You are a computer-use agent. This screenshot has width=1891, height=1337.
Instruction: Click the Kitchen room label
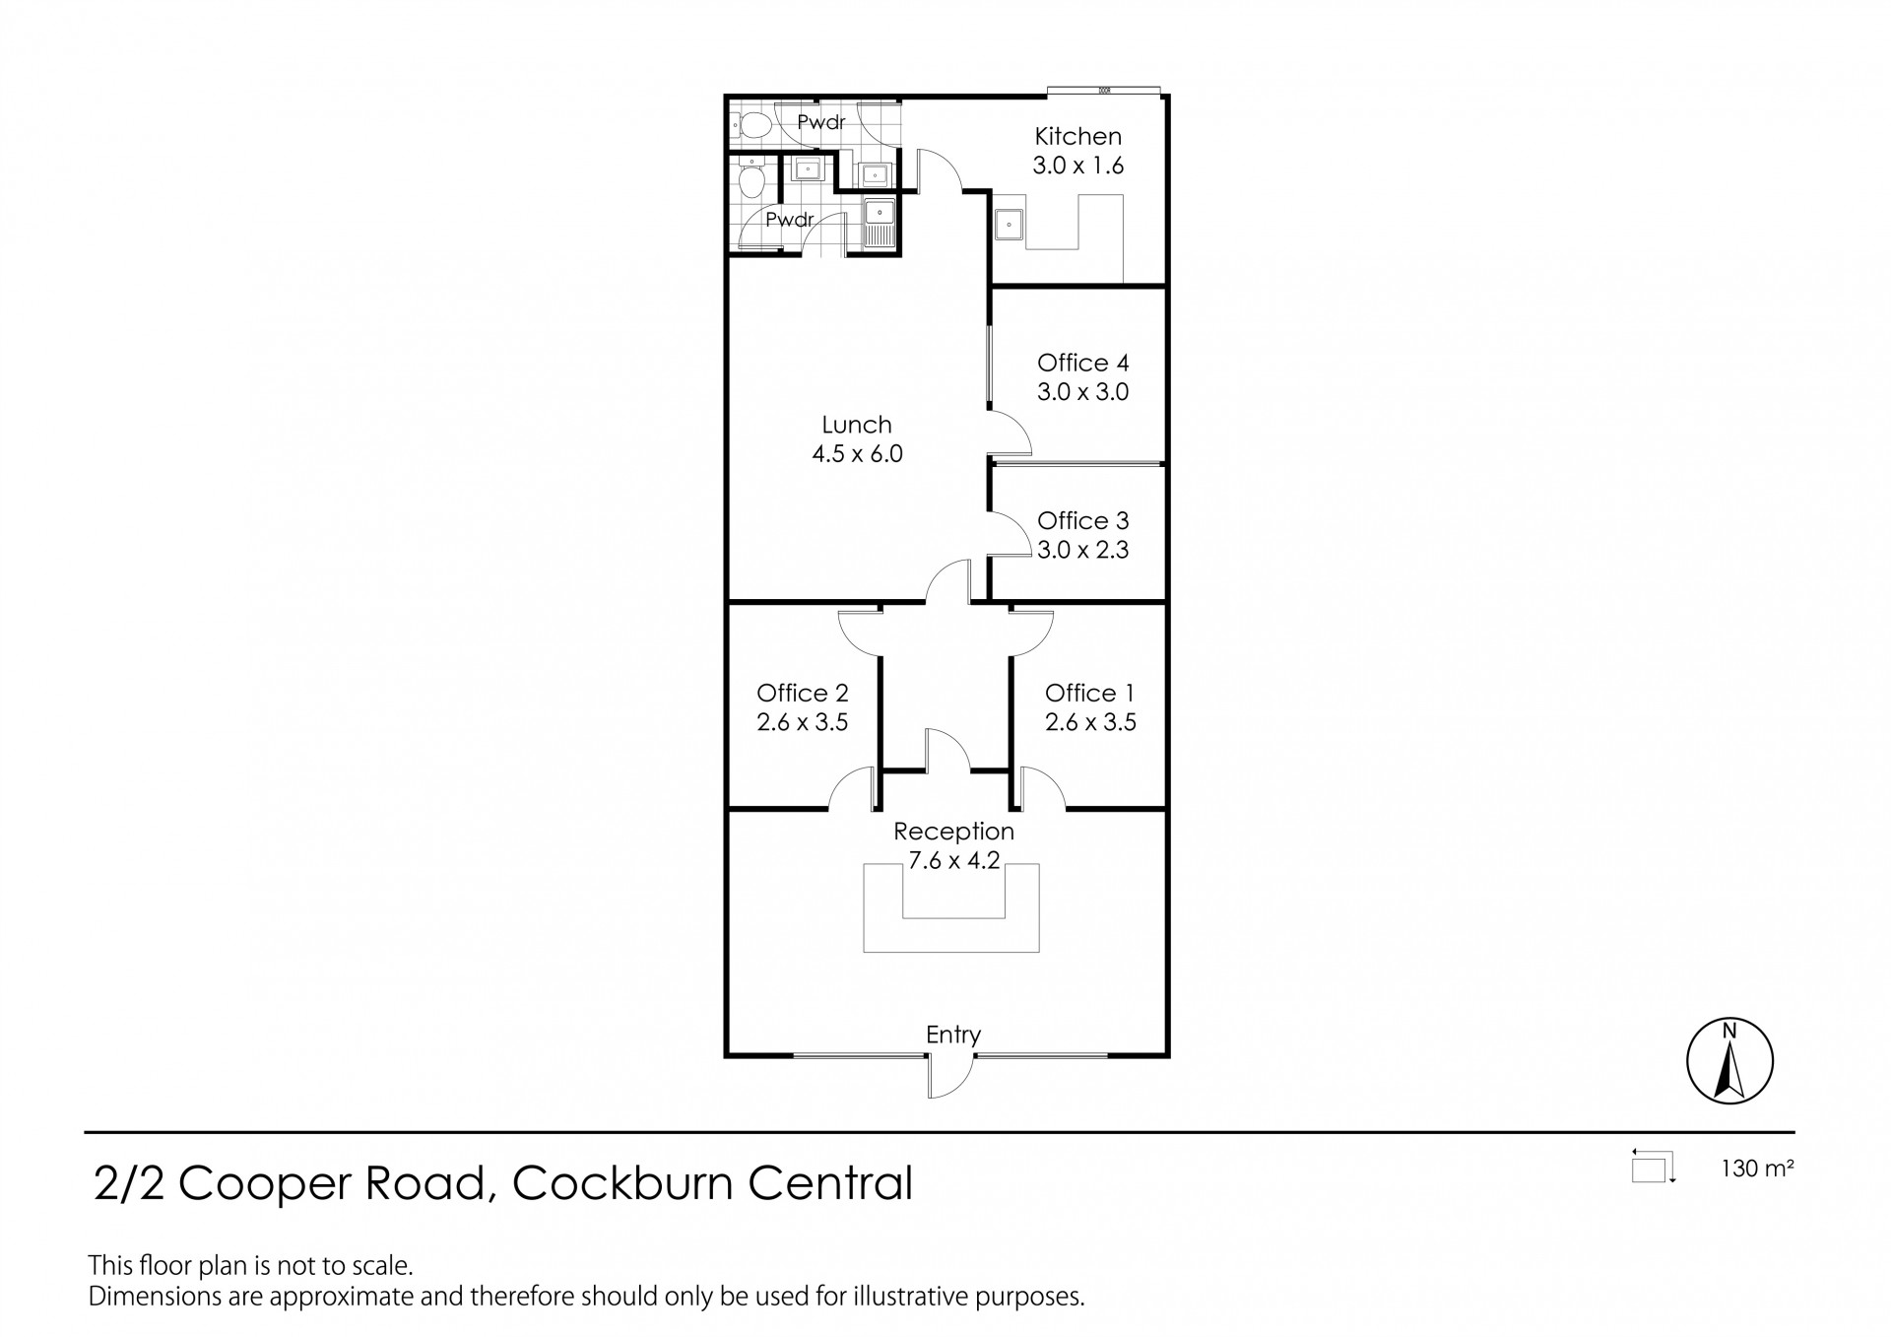pyautogui.click(x=1077, y=136)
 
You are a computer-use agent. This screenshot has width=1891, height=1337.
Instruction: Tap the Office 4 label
pyautogui.click(x=1082, y=363)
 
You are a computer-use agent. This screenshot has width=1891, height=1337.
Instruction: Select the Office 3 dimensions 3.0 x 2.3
pyautogui.click(x=1082, y=550)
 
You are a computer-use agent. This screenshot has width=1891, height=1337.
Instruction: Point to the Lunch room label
pyautogui.click(x=857, y=425)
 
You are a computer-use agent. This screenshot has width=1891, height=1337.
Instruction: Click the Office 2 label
pyautogui.click(x=802, y=693)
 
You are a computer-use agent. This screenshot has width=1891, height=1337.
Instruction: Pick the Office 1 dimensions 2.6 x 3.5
pyautogui.click(x=1090, y=722)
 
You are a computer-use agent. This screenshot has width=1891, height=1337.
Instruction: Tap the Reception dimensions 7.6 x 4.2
pyautogui.click(x=953, y=860)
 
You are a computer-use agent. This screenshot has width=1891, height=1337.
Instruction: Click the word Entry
pyautogui.click(x=952, y=1035)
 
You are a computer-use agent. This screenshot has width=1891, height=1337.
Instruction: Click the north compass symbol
pyautogui.click(x=1729, y=1061)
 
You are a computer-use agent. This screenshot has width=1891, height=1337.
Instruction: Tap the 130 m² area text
pyautogui.click(x=1757, y=1170)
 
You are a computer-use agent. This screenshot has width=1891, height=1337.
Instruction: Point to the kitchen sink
pyautogui.click(x=1010, y=226)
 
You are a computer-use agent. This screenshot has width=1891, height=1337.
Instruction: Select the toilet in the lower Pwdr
pyautogui.click(x=752, y=181)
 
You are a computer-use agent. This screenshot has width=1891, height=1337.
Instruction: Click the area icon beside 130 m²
pyautogui.click(x=1653, y=1168)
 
